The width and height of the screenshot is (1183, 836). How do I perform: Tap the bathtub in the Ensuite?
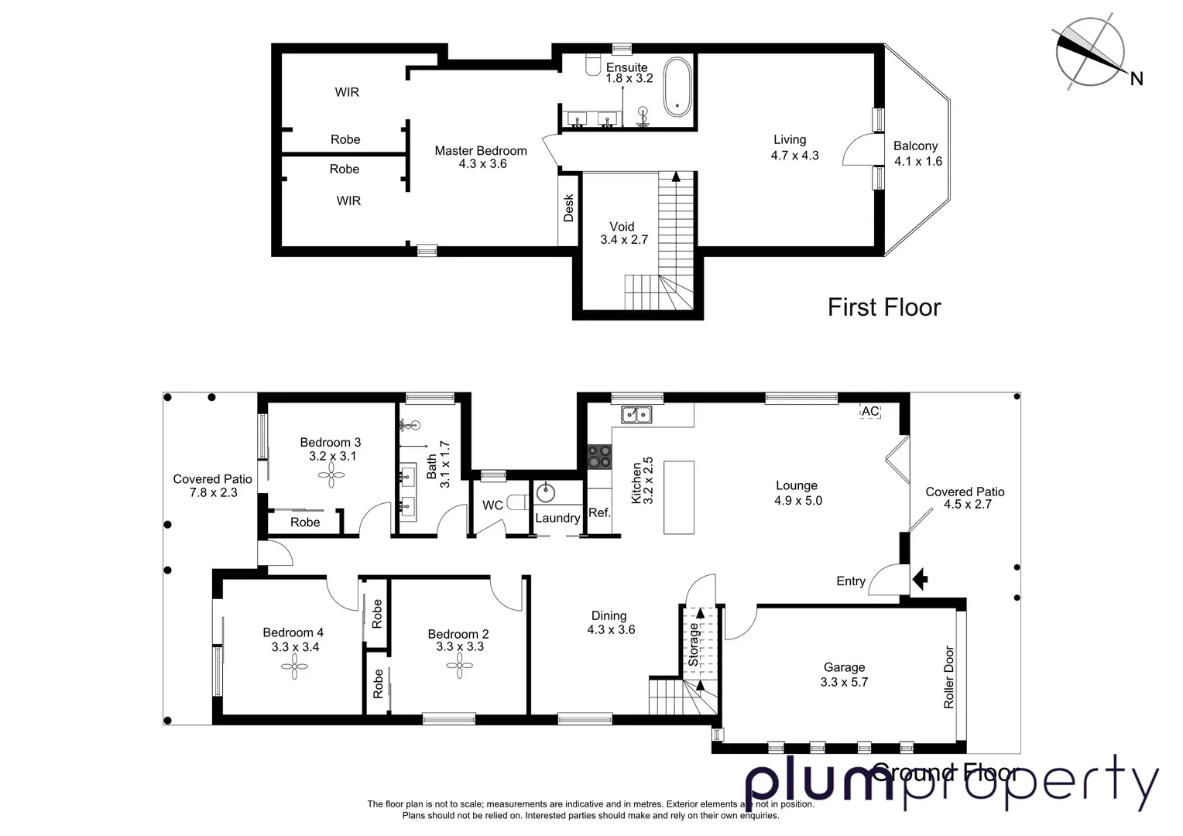(679, 87)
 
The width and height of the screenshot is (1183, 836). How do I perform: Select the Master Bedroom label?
(481, 151)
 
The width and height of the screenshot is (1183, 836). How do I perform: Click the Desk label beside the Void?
(569, 208)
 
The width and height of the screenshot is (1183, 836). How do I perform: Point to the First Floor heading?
(884, 307)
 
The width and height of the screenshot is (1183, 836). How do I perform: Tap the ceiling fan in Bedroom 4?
(294, 667)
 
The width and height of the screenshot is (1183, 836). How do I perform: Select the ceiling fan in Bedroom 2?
(460, 667)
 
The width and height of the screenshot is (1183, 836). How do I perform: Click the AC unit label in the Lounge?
(870, 411)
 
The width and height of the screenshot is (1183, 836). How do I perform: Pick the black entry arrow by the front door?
(920, 579)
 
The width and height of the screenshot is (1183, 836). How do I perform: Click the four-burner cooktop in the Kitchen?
(599, 456)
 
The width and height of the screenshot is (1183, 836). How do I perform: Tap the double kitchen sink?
(636, 415)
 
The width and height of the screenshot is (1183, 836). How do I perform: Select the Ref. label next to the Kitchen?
(599, 512)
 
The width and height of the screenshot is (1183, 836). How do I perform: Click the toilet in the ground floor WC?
(517, 503)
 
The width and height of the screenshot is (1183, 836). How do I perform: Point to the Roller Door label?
(949, 677)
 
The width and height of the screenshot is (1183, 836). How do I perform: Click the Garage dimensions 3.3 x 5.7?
(844, 682)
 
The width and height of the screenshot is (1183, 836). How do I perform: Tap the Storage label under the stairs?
(694, 645)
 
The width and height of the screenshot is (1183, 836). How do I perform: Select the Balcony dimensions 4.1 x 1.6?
(918, 161)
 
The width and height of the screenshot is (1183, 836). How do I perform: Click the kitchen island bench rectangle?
(679, 497)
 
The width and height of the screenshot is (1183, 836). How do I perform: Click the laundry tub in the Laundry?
(547, 490)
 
